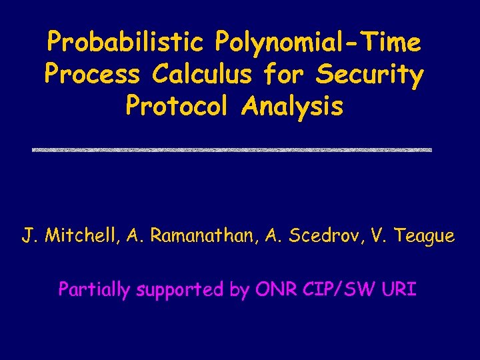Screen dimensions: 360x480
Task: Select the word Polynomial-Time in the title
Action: [318, 43]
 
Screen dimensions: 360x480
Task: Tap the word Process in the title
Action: [92, 75]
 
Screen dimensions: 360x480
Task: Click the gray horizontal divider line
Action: [232, 150]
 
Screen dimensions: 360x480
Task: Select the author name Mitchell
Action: [84, 236]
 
